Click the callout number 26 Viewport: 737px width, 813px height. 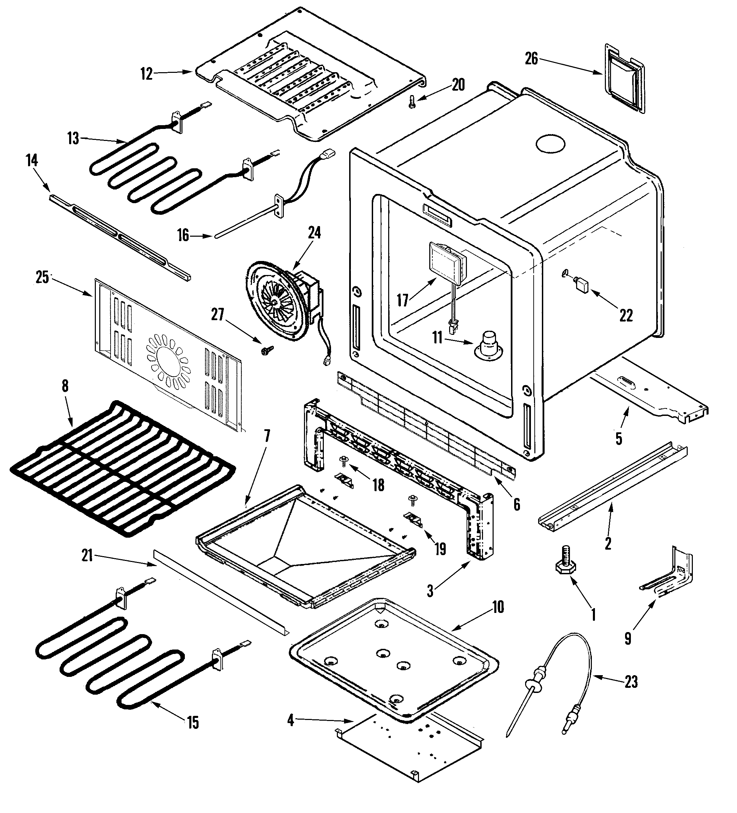tap(531, 59)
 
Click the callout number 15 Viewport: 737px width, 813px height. tap(193, 722)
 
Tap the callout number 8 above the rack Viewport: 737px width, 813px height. tap(65, 386)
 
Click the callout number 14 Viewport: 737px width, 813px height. tap(32, 160)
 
